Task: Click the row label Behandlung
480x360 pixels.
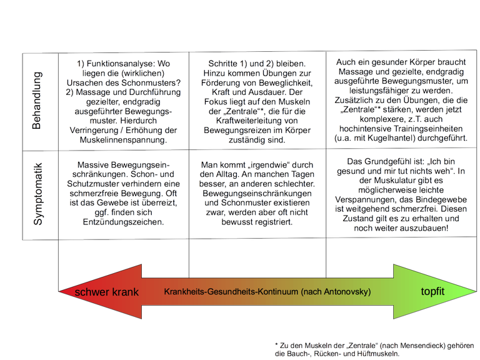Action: [x=36, y=101]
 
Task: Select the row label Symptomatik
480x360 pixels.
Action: [x=37, y=194]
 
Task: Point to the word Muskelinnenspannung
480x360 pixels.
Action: [x=123, y=140]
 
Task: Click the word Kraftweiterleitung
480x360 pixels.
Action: [x=257, y=121]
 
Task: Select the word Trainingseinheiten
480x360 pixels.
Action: [x=426, y=129]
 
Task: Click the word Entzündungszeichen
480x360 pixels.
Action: [x=123, y=222]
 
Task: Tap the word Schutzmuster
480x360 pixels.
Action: [x=90, y=184]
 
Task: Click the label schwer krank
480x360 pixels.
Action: [x=106, y=292]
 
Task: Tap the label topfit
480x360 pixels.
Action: [x=432, y=291]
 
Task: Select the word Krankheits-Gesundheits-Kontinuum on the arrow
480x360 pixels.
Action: [x=231, y=291]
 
